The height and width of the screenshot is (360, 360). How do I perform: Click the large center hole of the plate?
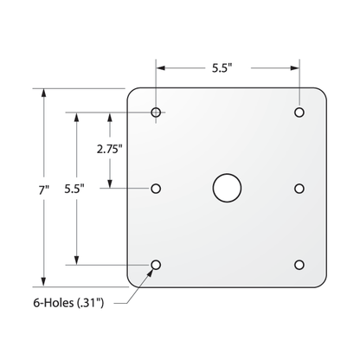coord(227,187)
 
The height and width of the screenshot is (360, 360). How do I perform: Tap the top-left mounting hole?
coord(157,112)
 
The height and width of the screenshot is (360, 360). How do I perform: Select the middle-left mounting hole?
coord(157,188)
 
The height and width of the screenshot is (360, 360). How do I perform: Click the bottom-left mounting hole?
coord(157,264)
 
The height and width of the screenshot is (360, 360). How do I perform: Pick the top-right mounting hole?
coord(299,112)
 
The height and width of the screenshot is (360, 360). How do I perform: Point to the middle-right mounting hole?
coord(299,188)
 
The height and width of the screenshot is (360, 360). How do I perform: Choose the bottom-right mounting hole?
coord(299,264)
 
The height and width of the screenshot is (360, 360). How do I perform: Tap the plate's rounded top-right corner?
coord(325,94)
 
